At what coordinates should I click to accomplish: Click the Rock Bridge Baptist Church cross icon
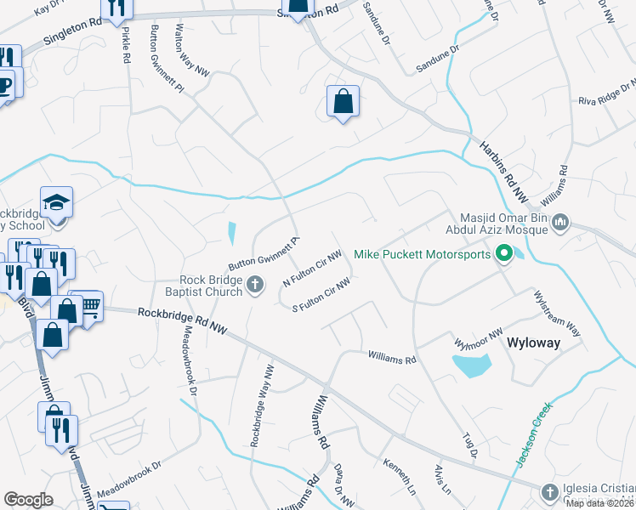click(x=255, y=289)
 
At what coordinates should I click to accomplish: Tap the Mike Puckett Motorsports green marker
click(x=503, y=253)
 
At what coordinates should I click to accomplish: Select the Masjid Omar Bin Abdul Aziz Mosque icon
click(x=559, y=223)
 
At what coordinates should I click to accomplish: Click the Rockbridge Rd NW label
click(x=184, y=320)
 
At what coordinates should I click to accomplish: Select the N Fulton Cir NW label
click(x=312, y=269)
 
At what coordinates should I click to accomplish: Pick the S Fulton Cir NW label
click(x=321, y=296)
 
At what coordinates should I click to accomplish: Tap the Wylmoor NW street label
click(x=480, y=338)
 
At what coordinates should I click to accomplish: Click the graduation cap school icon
click(x=57, y=202)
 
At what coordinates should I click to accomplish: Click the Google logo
click(x=28, y=500)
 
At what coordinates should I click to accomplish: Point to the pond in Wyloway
click(x=472, y=366)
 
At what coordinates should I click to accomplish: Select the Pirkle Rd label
click(x=126, y=46)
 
